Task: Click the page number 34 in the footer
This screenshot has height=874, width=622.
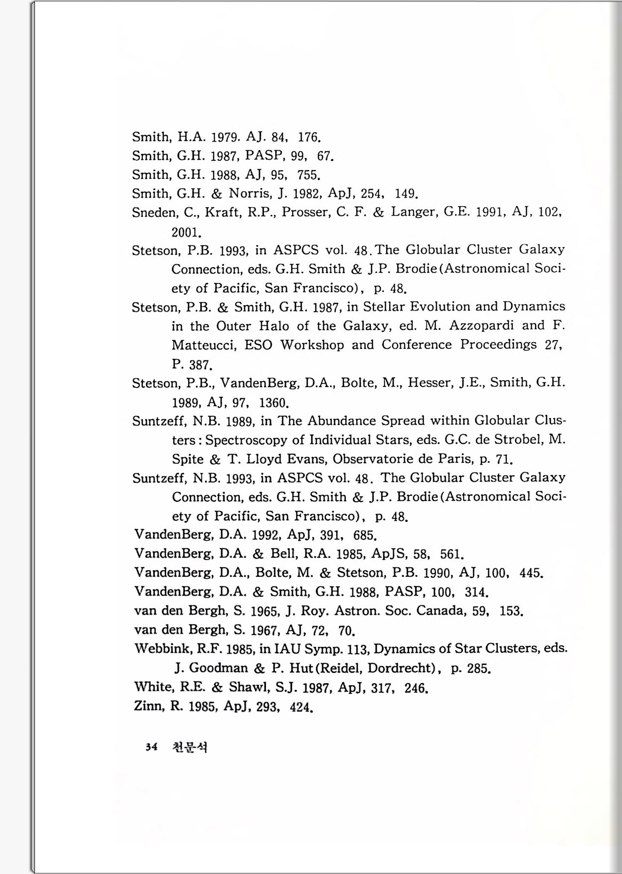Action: pyautogui.click(x=151, y=747)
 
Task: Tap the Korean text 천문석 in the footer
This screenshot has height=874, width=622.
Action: pyautogui.click(x=190, y=747)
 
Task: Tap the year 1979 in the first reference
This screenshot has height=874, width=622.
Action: pyautogui.click(x=225, y=137)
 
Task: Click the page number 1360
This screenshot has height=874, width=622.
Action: pyautogui.click(x=272, y=403)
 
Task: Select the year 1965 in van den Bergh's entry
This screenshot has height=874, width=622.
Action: pyautogui.click(x=265, y=611)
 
